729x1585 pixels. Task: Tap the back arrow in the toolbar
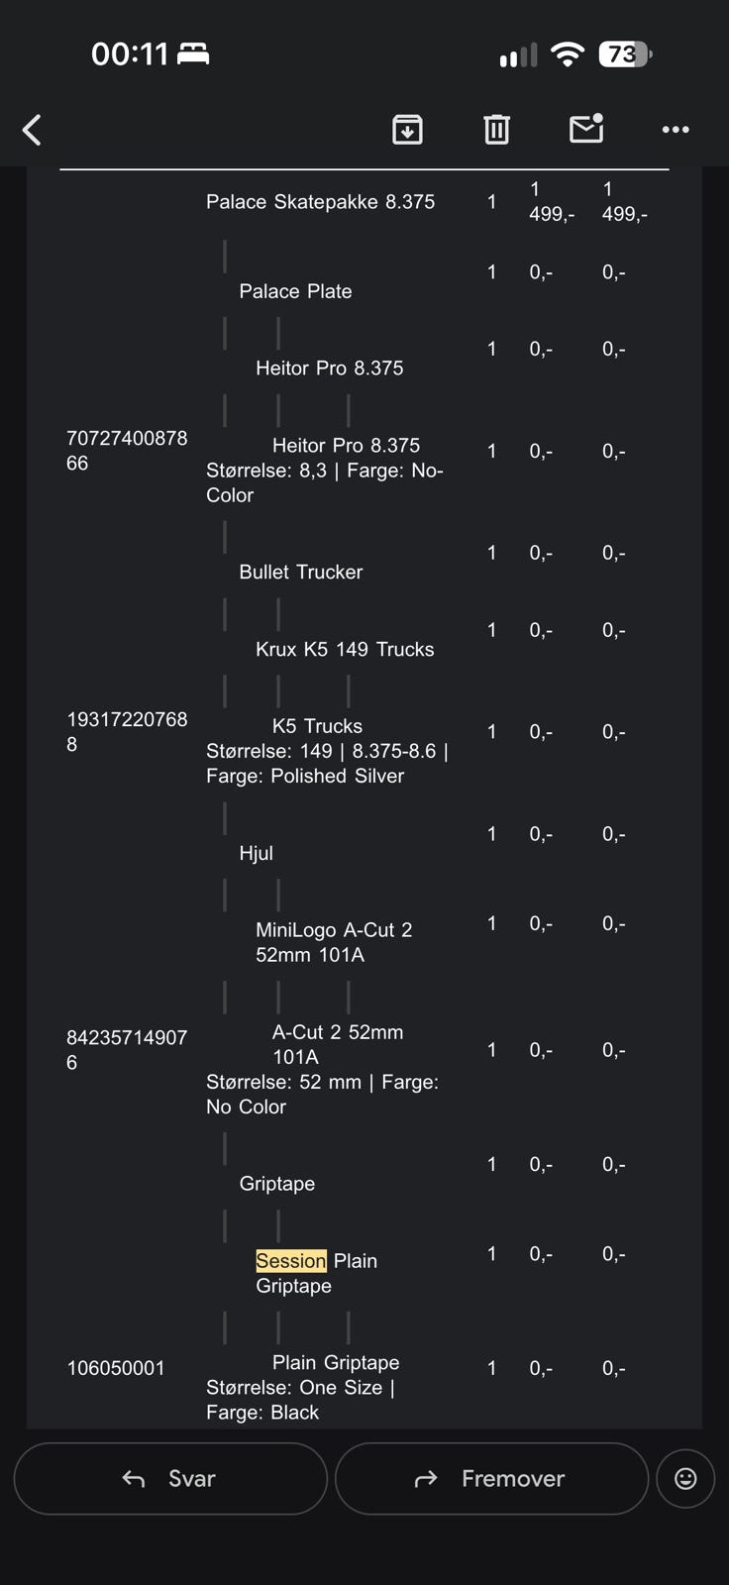(x=32, y=130)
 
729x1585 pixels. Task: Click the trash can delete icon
(x=496, y=130)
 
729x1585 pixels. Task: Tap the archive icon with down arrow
(x=408, y=130)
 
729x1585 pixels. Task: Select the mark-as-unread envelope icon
(x=586, y=128)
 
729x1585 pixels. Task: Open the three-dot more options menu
(x=676, y=130)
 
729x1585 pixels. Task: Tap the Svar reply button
(x=170, y=1478)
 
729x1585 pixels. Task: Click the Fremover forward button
(x=492, y=1478)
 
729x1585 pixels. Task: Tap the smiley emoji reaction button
(x=685, y=1478)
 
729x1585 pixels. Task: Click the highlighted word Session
(x=291, y=1260)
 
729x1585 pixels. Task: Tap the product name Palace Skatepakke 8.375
(x=321, y=202)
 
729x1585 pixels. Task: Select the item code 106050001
(x=115, y=1368)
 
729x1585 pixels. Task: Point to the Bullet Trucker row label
(x=301, y=572)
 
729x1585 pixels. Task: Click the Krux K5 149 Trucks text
(x=345, y=649)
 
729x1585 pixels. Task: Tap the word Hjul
(x=257, y=853)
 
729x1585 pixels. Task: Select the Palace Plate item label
(x=295, y=291)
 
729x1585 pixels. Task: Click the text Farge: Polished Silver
(x=305, y=777)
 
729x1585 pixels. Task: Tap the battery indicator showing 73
(x=625, y=54)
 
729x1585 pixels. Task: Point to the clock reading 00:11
(x=130, y=54)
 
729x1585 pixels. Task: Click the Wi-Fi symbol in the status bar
(x=568, y=54)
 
